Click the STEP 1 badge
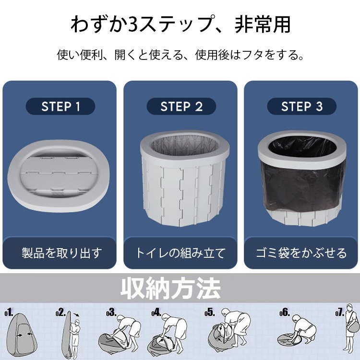[x=60, y=106]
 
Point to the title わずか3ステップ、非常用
[x=180, y=24]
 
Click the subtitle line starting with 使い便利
[x=180, y=55]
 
